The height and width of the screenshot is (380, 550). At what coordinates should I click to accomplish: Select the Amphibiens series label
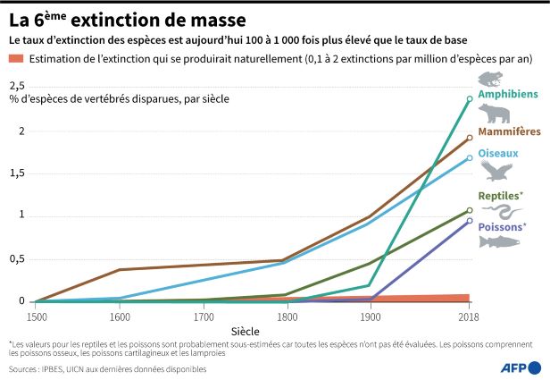[507, 94]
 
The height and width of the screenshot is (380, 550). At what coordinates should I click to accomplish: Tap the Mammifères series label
[510, 131]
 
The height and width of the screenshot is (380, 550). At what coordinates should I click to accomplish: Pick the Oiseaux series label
[498, 153]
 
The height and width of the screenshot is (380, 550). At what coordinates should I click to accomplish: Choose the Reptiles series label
[501, 195]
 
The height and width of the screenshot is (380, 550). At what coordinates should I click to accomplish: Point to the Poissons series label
[502, 226]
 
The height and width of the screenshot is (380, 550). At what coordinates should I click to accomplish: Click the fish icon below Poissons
[498, 242]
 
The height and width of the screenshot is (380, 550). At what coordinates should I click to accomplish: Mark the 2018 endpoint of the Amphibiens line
[470, 99]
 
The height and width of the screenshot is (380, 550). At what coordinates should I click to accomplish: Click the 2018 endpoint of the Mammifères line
[470, 139]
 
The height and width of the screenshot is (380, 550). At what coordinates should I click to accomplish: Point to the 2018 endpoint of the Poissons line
[470, 221]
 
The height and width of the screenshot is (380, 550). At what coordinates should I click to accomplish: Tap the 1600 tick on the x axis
[121, 317]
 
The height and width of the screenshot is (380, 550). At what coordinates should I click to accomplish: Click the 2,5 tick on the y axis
[17, 85]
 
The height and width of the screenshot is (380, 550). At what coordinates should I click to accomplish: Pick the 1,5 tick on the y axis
[17, 173]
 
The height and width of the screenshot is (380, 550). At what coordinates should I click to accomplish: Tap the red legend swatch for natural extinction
[15, 59]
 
